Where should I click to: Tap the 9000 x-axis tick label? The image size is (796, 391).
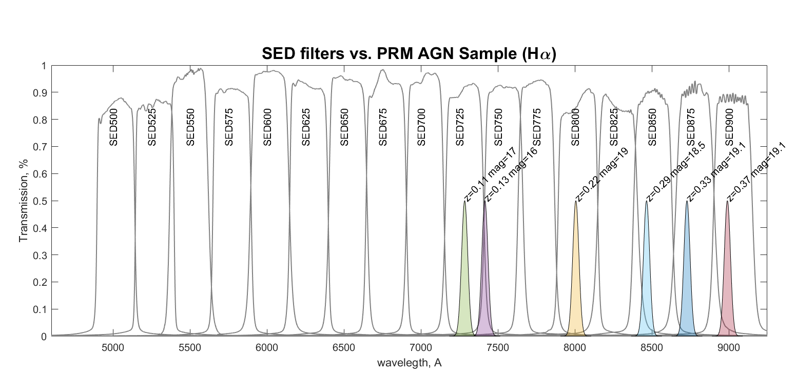(x=728, y=347)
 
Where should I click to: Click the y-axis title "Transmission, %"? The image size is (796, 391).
(x=23, y=201)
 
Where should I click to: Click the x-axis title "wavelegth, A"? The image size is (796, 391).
(x=409, y=363)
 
